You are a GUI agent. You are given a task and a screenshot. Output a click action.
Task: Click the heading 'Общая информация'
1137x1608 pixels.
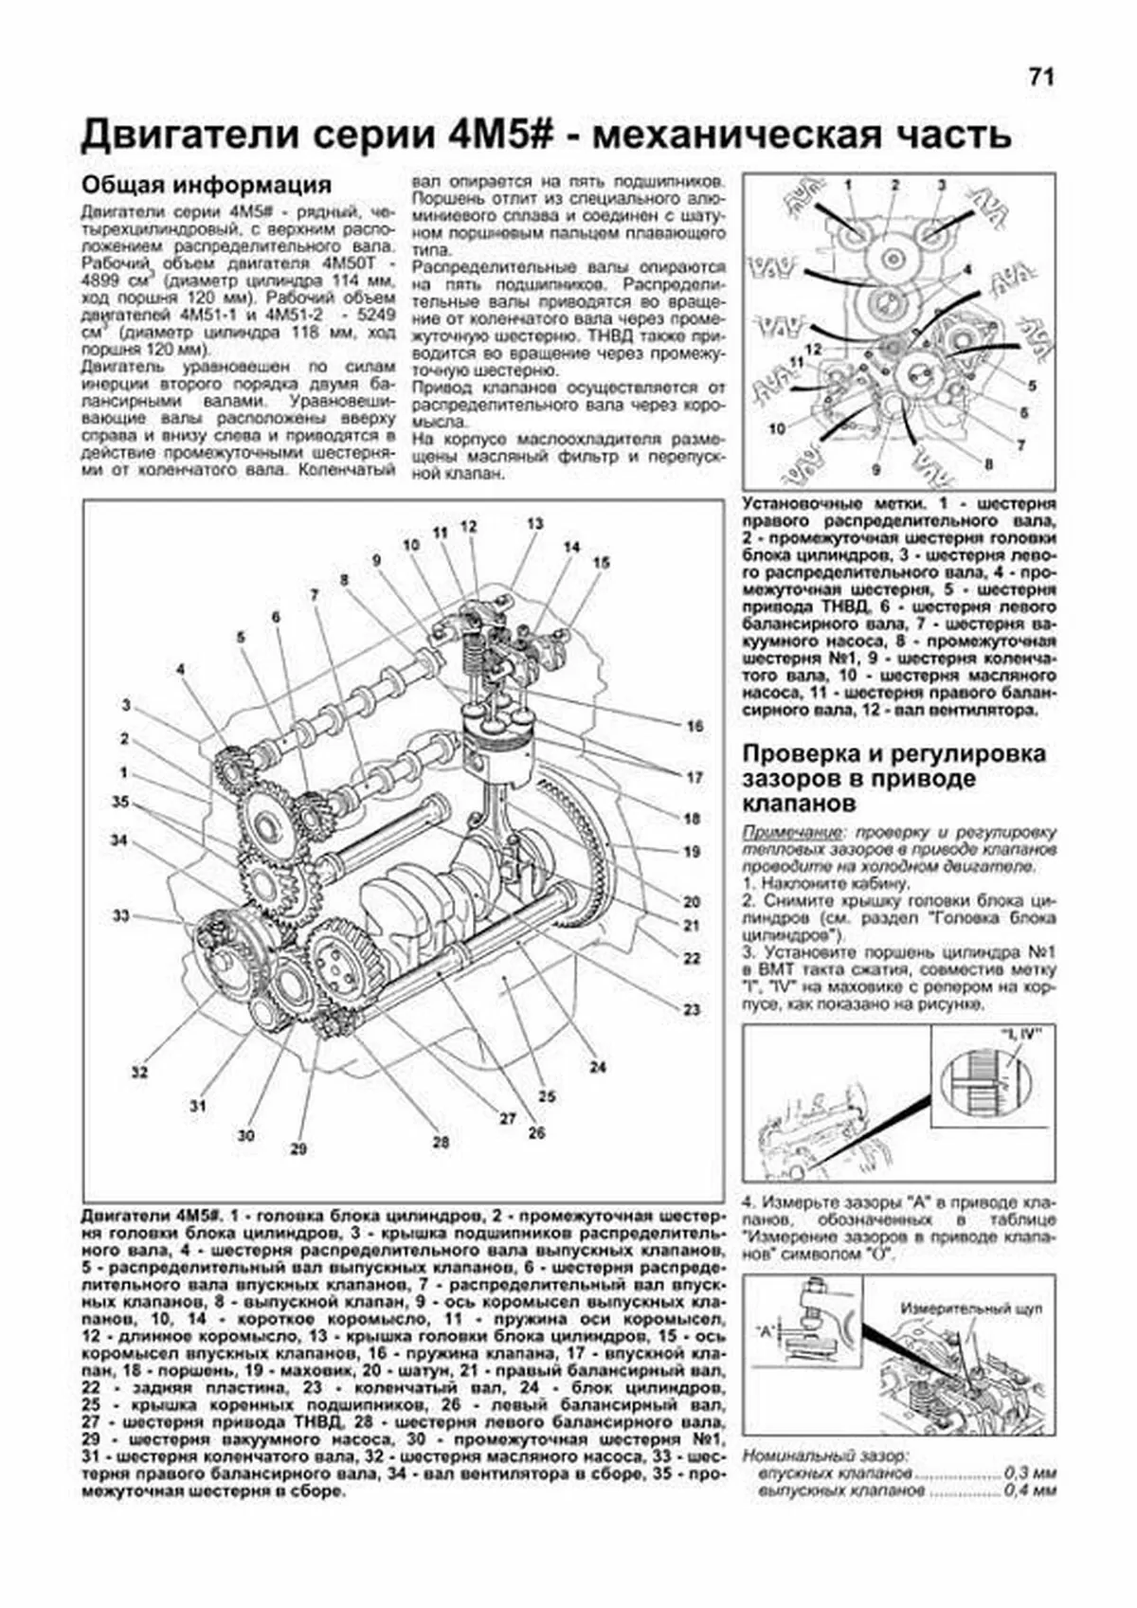(x=207, y=183)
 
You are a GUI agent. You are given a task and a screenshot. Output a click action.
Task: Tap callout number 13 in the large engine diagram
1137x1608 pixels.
(x=536, y=524)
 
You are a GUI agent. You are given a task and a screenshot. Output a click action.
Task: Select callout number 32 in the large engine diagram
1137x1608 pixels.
(x=140, y=1073)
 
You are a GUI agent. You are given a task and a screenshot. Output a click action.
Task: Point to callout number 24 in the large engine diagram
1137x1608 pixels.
(x=597, y=1067)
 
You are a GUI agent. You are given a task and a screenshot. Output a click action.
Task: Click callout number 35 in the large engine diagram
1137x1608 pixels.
(x=120, y=802)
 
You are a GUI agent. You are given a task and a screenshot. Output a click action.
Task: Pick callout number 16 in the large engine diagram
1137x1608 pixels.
(x=696, y=726)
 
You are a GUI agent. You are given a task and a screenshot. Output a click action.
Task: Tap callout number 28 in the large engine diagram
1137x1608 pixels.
(x=441, y=1143)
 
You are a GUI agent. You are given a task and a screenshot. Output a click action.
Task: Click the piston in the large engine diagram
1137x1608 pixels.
(x=499, y=741)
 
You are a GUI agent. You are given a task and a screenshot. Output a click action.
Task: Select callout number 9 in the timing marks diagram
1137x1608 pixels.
(x=875, y=468)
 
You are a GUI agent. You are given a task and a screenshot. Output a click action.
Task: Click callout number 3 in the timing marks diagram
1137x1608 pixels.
(x=942, y=185)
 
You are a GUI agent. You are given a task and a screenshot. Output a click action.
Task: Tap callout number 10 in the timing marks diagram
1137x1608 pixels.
(x=777, y=428)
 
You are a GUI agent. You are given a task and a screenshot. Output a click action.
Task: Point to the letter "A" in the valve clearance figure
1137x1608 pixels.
(x=763, y=1329)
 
